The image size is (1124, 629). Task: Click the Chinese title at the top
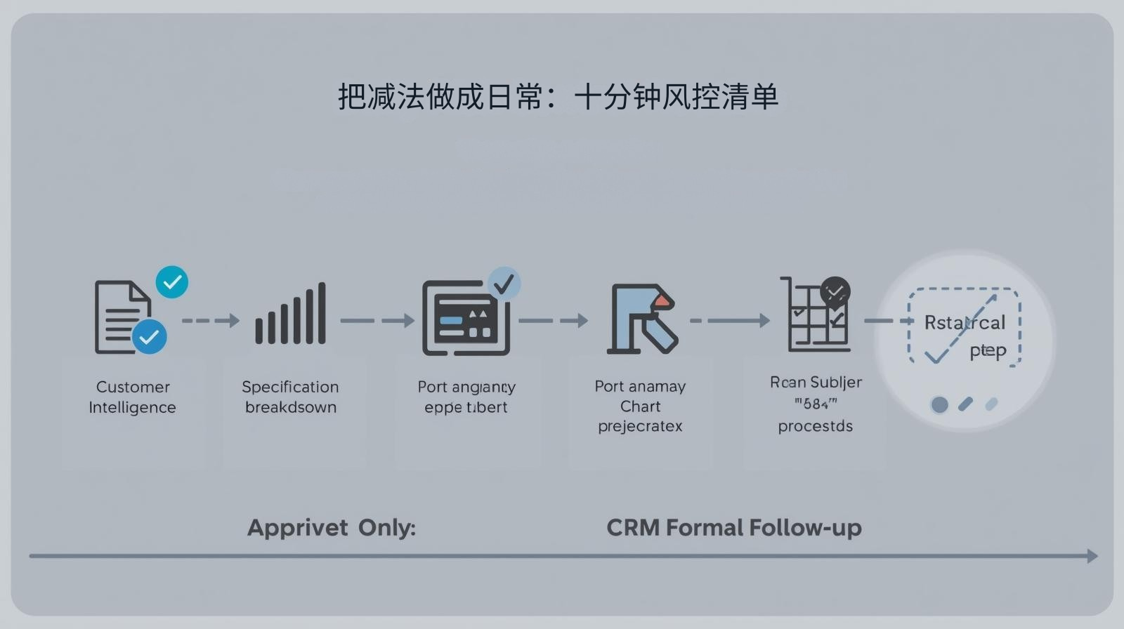[x=558, y=97]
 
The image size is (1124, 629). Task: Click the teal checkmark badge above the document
[x=172, y=282]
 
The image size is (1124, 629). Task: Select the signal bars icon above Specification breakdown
[x=290, y=314]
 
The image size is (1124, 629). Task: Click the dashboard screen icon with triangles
[x=464, y=319]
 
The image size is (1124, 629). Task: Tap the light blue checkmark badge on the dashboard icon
[x=504, y=284]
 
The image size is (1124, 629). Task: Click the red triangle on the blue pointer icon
[x=662, y=301]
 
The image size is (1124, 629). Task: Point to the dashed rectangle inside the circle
[x=964, y=326]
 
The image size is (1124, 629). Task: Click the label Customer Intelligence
[x=132, y=397]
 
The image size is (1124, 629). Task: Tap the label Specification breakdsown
[x=290, y=397]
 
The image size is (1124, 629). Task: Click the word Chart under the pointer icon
[x=640, y=406]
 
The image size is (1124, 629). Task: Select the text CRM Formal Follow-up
[x=733, y=528]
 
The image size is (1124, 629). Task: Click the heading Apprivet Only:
[x=331, y=528]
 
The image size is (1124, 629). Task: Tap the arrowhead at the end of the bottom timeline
[x=1092, y=556]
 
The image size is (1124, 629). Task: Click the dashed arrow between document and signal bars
[x=210, y=321]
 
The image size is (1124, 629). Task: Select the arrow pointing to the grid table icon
[x=731, y=321]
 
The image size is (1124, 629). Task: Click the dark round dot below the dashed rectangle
[x=939, y=404]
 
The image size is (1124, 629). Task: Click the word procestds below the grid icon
[x=815, y=426]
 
